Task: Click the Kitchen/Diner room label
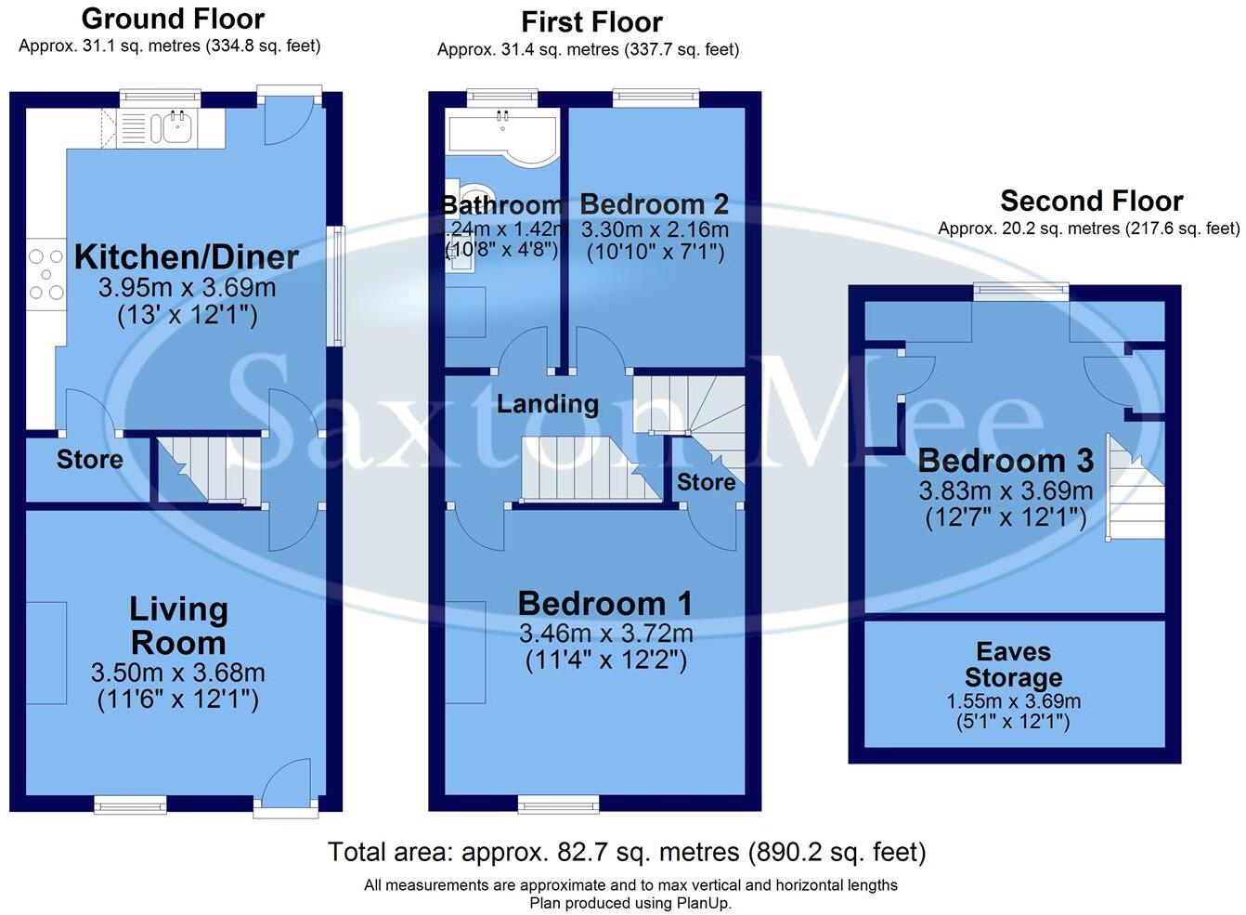pos(186,257)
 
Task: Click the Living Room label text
pos(177,625)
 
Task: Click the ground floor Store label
pos(89,460)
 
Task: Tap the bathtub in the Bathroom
pos(502,135)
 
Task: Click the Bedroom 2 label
pos(654,204)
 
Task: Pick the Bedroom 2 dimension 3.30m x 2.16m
pos(654,229)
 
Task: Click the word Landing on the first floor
pos(547,403)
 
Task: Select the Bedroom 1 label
pos(604,604)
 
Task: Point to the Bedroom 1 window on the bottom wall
pos(558,804)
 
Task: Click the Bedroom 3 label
pos(1006,461)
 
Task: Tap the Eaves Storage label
pos(1013,665)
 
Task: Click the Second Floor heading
pos(1091,202)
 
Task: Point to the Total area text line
pos(627,852)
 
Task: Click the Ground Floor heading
pos(173,19)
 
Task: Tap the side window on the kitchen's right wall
pos(335,286)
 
